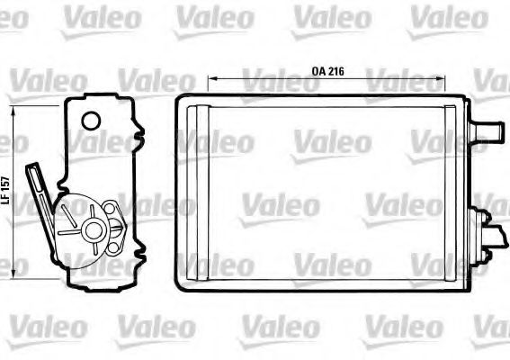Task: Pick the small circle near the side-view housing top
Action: [x=90, y=121]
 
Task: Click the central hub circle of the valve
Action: [x=92, y=230]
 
